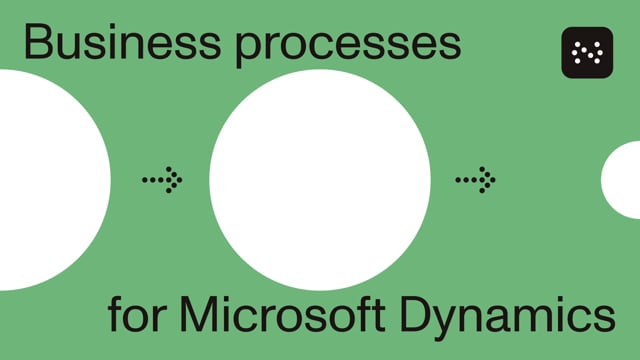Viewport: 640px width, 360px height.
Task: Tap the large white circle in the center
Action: click(x=320, y=180)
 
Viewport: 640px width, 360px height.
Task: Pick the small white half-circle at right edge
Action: click(x=623, y=180)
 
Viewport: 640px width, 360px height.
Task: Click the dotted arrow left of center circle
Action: click(x=162, y=180)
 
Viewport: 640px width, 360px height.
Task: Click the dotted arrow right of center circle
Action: click(x=475, y=180)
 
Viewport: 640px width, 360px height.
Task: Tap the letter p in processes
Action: click(x=250, y=50)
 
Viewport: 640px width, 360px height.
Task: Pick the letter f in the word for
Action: click(x=115, y=315)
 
